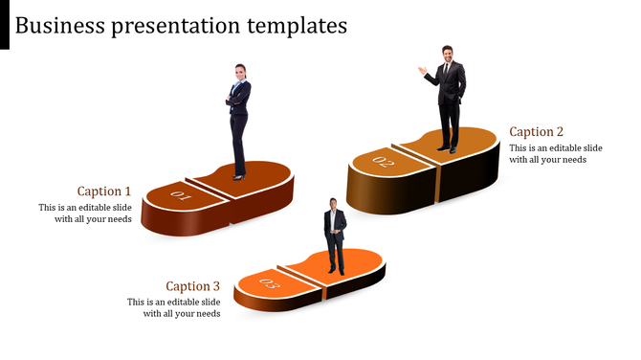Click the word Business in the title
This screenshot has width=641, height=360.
(59, 25)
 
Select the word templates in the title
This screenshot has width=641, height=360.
(294, 26)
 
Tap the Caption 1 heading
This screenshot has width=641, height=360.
(104, 191)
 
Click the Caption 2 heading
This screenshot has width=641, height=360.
(537, 132)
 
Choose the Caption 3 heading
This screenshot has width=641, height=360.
(192, 286)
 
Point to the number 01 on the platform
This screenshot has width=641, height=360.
(181, 196)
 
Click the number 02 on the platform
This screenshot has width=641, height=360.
(384, 162)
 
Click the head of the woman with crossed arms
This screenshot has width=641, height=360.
(239, 72)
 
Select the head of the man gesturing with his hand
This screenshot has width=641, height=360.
(447, 54)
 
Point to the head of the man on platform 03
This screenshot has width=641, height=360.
(333, 203)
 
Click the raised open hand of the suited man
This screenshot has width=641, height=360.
(422, 69)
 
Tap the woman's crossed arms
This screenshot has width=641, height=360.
(235, 98)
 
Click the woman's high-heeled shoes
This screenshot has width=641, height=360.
(238, 176)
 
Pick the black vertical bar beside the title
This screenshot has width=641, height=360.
(5, 24)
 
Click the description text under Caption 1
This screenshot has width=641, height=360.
(85, 214)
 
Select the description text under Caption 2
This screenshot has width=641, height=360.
(555, 154)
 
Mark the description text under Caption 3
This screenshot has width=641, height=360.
(174, 307)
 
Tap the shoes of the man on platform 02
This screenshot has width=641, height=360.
(447, 149)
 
